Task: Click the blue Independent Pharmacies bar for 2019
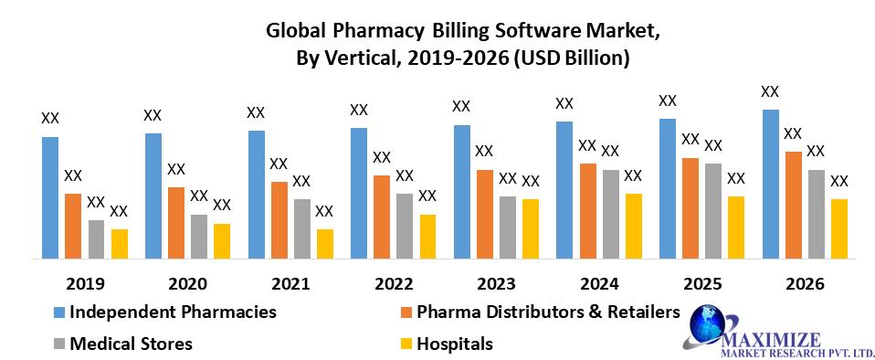tap(49, 197)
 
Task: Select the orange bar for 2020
tap(175, 223)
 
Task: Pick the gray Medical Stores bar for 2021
tap(301, 228)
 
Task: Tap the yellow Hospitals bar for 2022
tap(427, 237)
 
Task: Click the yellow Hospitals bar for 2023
tap(531, 228)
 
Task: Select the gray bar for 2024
tap(610, 214)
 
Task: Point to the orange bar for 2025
tap(690, 208)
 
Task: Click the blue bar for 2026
tap(770, 184)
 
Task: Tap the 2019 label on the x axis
tap(85, 283)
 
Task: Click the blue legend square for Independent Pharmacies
tap(59, 312)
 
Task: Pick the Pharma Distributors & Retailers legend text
tap(548, 312)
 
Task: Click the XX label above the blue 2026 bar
tap(770, 91)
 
